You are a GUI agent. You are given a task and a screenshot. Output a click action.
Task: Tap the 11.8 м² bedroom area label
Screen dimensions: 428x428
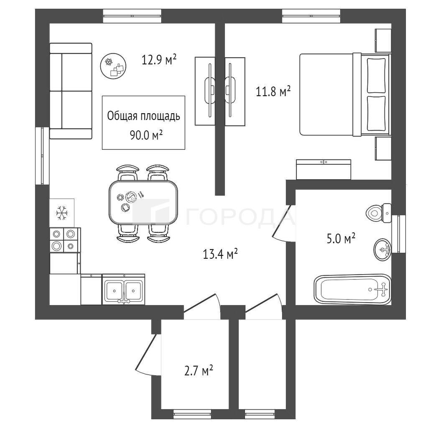(x=273, y=91)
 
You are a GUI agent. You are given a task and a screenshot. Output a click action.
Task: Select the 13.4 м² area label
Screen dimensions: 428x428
(x=220, y=254)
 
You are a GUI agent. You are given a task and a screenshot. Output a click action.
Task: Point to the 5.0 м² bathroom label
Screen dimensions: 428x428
(x=341, y=238)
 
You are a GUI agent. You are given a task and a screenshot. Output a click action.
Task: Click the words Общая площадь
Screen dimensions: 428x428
(x=144, y=116)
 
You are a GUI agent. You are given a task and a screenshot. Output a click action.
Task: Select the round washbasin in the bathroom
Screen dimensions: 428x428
(x=382, y=249)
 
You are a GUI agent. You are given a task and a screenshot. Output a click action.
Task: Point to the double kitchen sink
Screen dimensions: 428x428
(x=124, y=289)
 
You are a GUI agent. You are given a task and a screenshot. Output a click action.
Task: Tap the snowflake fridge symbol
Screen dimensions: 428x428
(x=62, y=213)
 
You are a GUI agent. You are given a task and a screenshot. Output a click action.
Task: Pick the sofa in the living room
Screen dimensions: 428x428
(x=71, y=91)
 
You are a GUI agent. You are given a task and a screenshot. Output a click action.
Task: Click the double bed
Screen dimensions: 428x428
(x=346, y=94)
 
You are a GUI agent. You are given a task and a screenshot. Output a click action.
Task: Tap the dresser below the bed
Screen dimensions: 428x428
(x=324, y=170)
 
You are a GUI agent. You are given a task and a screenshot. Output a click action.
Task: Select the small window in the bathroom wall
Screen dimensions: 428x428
(x=398, y=234)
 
